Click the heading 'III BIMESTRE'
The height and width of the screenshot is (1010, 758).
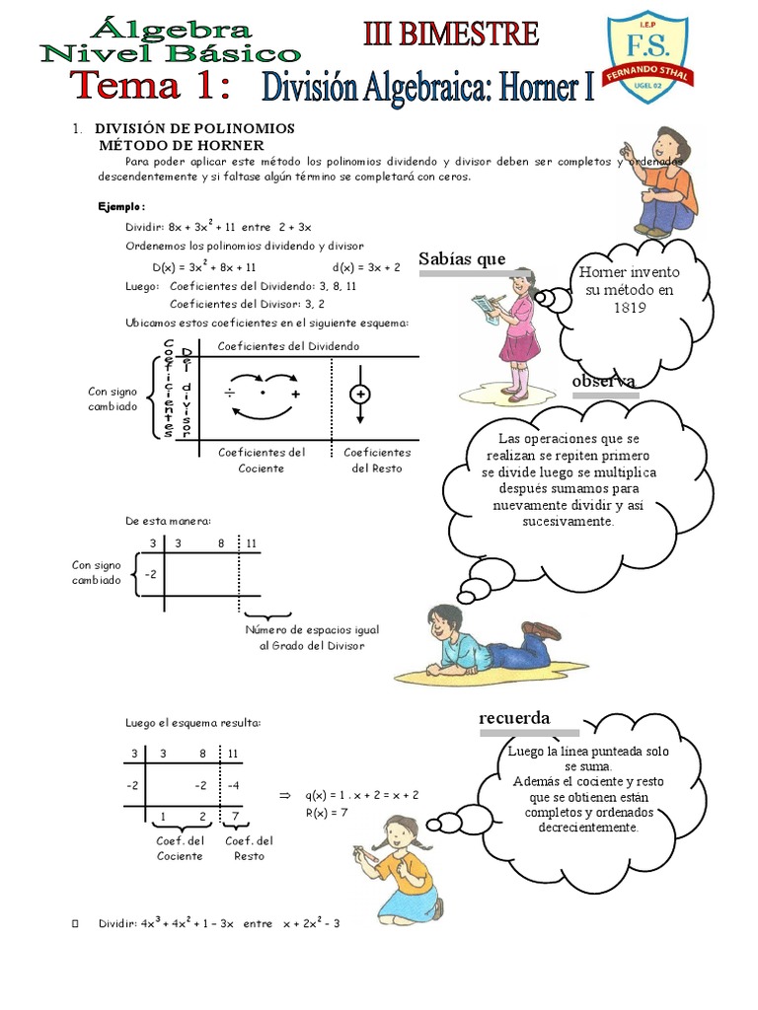point(451,35)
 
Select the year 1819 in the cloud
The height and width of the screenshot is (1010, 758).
point(629,307)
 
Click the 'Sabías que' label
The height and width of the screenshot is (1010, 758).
point(462,259)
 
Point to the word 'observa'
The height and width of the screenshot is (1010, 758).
point(603,382)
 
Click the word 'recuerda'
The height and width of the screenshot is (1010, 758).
point(514,717)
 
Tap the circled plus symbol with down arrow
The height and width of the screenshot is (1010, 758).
point(360,395)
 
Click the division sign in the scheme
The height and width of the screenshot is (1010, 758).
point(229,394)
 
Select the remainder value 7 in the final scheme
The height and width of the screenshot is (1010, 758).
point(234,817)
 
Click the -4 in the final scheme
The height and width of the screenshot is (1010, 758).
point(233,785)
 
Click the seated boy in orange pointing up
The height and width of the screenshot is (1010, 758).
point(661,182)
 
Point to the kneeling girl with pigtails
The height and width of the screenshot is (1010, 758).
point(400,868)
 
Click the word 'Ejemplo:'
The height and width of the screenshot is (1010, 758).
point(121,206)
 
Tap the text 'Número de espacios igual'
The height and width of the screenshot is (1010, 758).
point(311,629)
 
